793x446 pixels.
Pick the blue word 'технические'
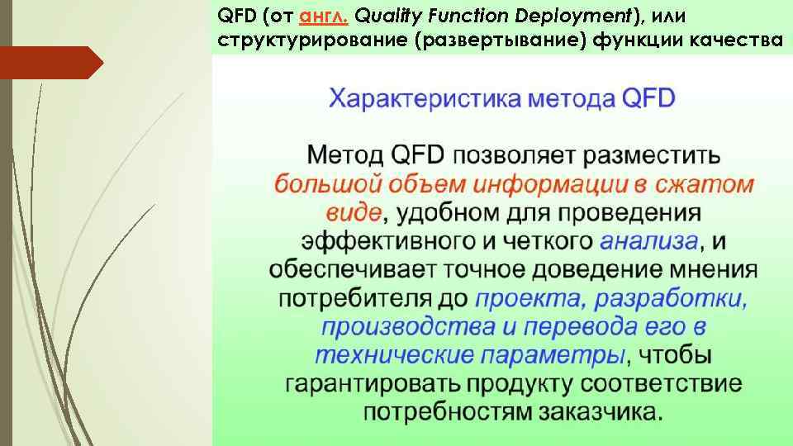(392, 356)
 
